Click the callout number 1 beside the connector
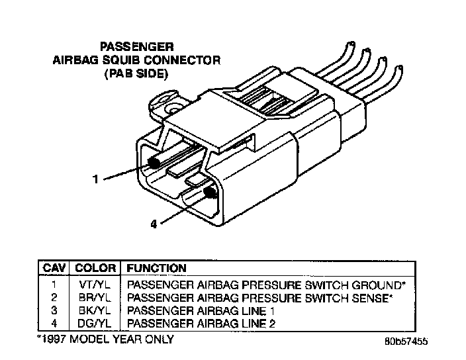click(x=97, y=178)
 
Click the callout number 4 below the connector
click(x=154, y=224)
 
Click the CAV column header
click(x=54, y=269)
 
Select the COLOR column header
click(x=95, y=269)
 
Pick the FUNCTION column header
click(x=156, y=269)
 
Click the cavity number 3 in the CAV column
click(x=54, y=310)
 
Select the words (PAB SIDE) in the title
click(x=136, y=75)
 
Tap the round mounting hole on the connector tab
click(x=174, y=107)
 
